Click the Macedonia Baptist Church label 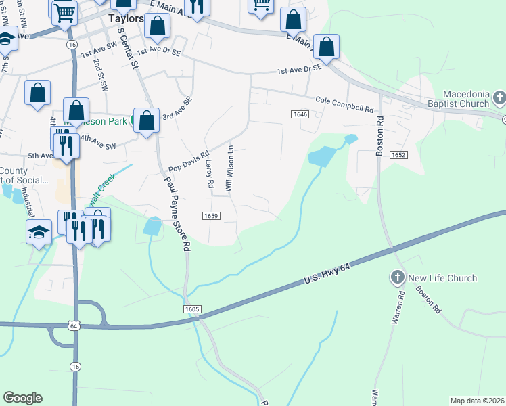click(465, 99)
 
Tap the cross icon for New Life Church click(397, 277)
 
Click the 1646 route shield click(301, 116)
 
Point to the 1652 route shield click(398, 155)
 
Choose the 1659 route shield click(210, 215)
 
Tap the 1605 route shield click(192, 309)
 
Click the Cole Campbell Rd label click(344, 104)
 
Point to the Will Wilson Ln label click(230, 168)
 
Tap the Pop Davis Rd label click(189, 161)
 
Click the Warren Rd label click(396, 308)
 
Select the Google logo click(22, 398)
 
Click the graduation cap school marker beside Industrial click(39, 232)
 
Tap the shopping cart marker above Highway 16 click(64, 11)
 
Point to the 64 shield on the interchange click(73, 326)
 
